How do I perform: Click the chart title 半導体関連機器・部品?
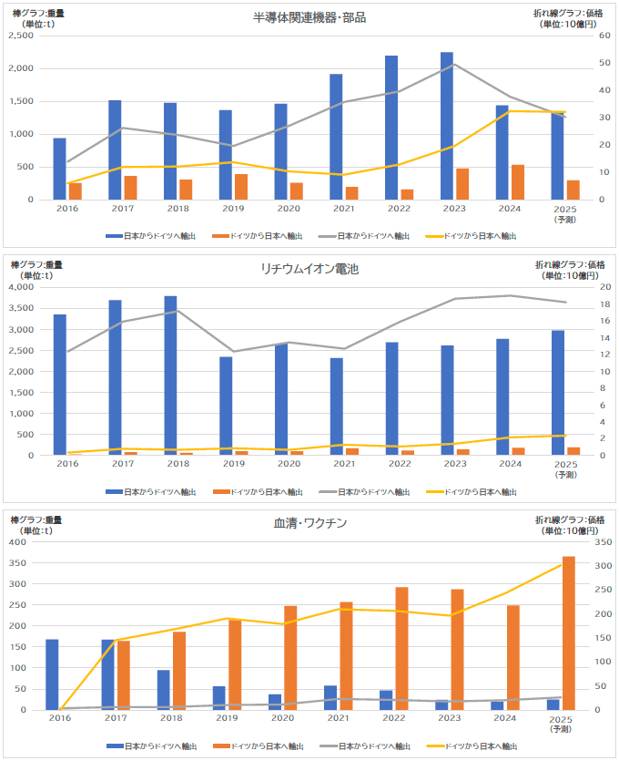(x=309, y=17)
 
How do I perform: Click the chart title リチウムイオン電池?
(x=309, y=269)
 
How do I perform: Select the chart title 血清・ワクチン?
(x=309, y=523)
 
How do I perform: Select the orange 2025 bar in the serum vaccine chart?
(x=569, y=633)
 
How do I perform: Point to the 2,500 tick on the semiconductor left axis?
(x=20, y=36)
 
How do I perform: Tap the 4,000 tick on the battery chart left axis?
(x=20, y=287)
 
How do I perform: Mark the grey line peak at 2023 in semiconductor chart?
(x=454, y=64)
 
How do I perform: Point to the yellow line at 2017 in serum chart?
(x=116, y=641)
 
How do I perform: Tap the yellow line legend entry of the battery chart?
(x=472, y=491)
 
